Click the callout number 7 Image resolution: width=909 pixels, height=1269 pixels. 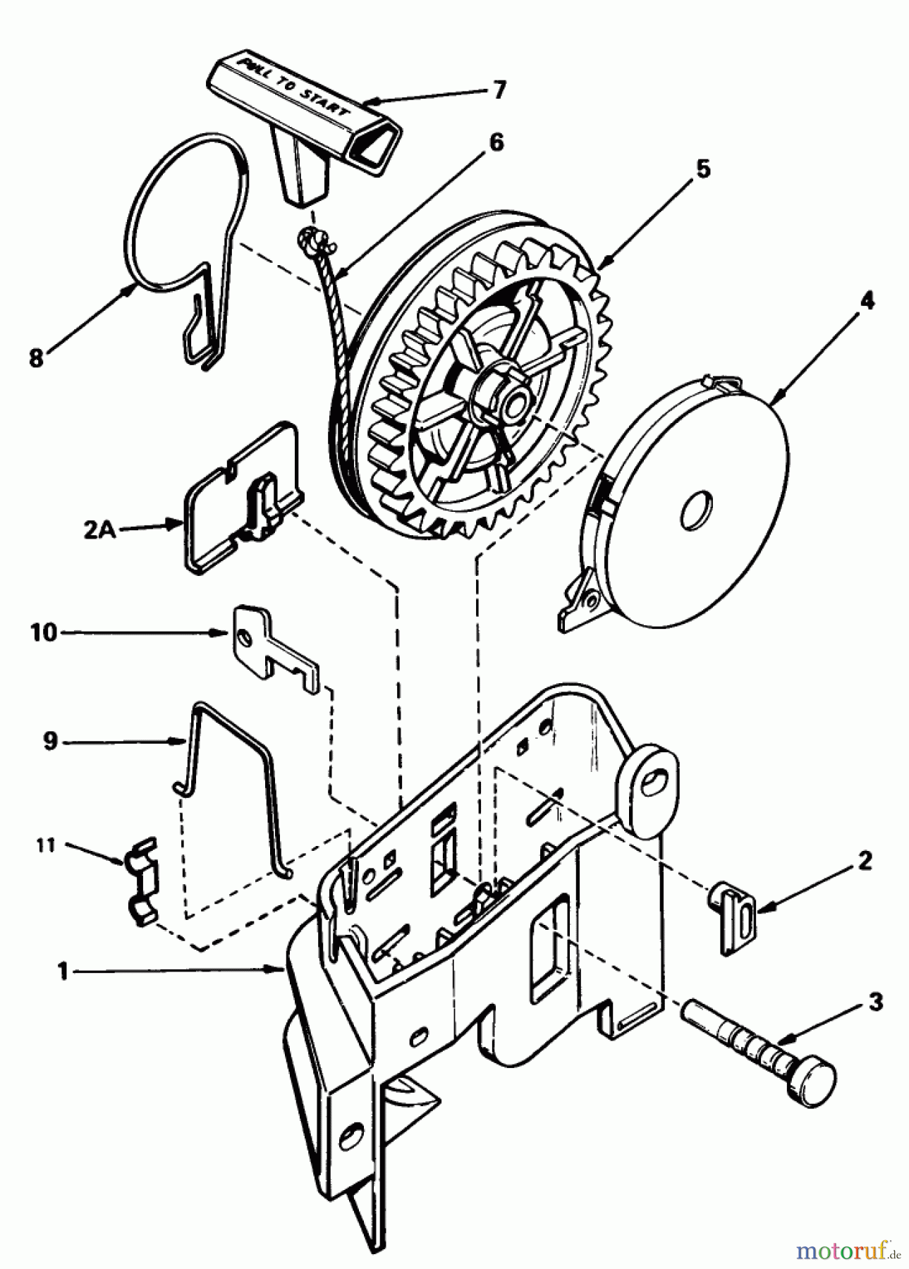coord(499,91)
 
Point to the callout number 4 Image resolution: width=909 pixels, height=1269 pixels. coord(867,302)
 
